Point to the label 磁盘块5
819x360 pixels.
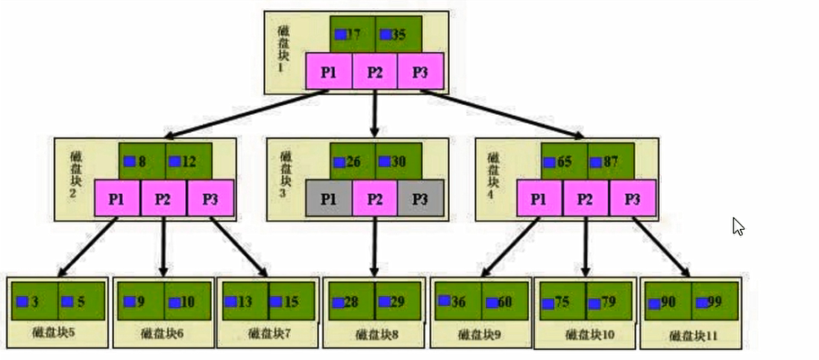click(x=58, y=332)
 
